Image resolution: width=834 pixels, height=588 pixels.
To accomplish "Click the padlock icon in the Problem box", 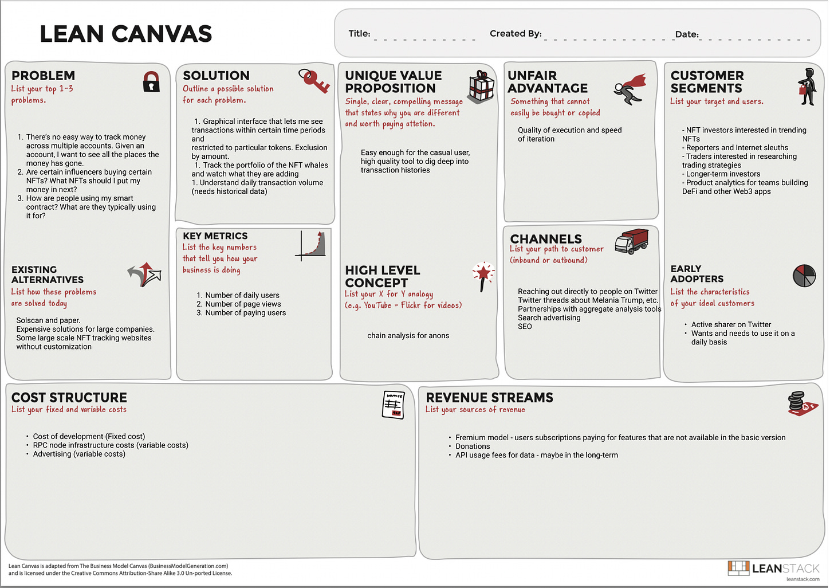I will click(x=151, y=82).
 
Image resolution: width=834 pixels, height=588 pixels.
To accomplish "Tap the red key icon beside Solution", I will click(x=314, y=81).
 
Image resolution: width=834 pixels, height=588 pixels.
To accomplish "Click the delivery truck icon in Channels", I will click(x=631, y=241).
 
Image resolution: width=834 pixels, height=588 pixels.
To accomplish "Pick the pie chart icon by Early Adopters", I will click(x=804, y=276).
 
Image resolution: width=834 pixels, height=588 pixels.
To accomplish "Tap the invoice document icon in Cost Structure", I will click(x=393, y=405).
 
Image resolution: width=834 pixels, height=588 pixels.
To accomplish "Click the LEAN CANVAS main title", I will click(x=126, y=34).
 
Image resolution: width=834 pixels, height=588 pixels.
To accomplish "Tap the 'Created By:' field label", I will click(x=516, y=34).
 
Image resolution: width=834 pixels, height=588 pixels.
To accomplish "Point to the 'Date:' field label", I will click(x=687, y=34).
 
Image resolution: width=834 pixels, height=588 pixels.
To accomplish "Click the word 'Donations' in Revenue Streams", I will click(x=473, y=446).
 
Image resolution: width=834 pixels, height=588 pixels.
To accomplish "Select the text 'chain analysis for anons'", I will click(x=408, y=336).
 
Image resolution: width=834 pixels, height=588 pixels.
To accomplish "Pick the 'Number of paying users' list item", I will click(x=245, y=313).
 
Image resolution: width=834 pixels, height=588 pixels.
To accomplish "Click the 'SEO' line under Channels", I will click(x=525, y=327).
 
